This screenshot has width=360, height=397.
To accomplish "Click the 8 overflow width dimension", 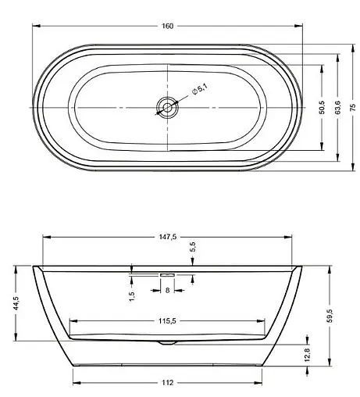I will pos(168,290).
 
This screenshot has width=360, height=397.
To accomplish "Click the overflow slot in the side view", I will pos(168,274).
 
